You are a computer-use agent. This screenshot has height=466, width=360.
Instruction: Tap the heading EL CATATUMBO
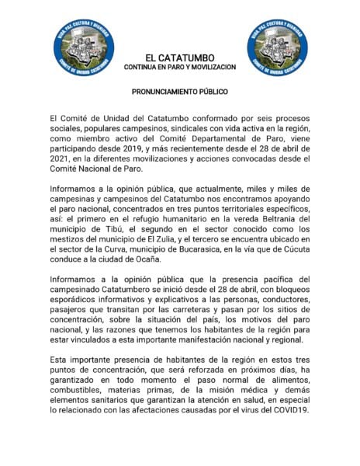pyautogui.click(x=180, y=57)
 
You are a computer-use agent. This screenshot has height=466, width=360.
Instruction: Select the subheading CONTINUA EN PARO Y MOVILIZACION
pyautogui.click(x=180, y=68)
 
